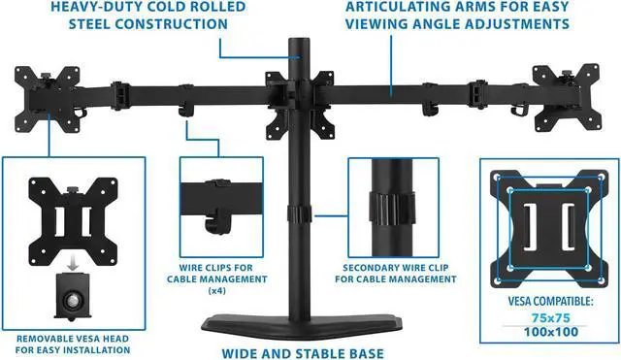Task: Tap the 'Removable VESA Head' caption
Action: point(73,343)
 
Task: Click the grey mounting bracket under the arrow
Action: point(73,295)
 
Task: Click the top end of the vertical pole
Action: point(297,44)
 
